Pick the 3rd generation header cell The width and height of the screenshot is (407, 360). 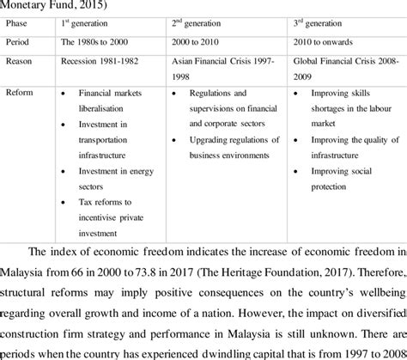[x=323, y=24]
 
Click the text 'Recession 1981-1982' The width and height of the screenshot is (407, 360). [x=101, y=61]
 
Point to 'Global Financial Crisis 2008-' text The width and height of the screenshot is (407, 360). [x=343, y=61]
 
